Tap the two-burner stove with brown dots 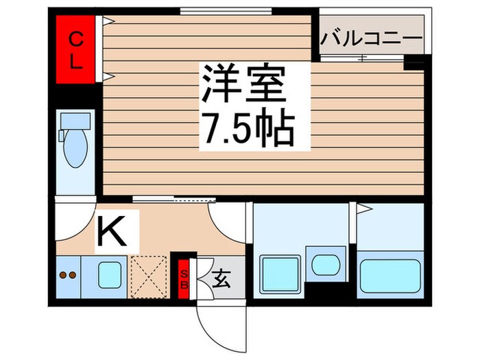coord(67,276)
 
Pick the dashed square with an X coord(149,276)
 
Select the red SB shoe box coord(184,277)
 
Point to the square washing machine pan coord(280,274)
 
